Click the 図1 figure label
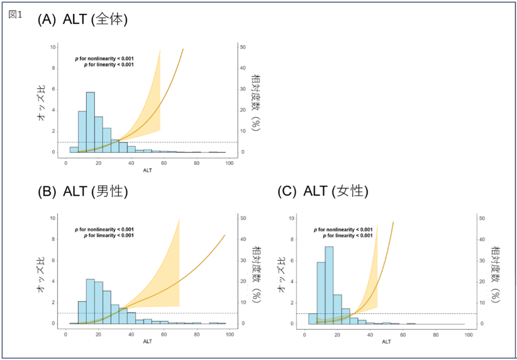coord(15,14)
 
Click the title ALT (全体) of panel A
coord(95,19)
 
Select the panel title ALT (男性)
coord(95,191)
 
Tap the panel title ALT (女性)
coord(336,191)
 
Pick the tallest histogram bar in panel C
coord(329,285)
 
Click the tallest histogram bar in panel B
coord(90,301)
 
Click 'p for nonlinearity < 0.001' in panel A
coord(104,58)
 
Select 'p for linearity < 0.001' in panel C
coord(347,236)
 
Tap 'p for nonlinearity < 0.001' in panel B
coord(104,229)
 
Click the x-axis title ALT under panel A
coord(148,170)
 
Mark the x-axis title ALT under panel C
coord(386,342)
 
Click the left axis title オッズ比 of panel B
coord(41,274)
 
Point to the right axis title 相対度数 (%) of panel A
coord(256,103)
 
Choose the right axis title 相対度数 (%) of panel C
coord(495,274)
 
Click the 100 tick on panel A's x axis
coord(229,163)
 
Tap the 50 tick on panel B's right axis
coord(243,218)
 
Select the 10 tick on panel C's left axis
coord(292,218)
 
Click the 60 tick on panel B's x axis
coord(164,334)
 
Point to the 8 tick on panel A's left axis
coord(53,68)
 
